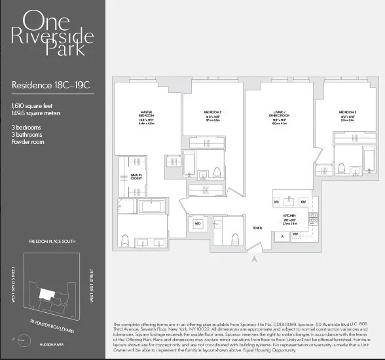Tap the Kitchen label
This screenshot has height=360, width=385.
tap(289, 215)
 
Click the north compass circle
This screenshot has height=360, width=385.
tap(24, 340)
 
